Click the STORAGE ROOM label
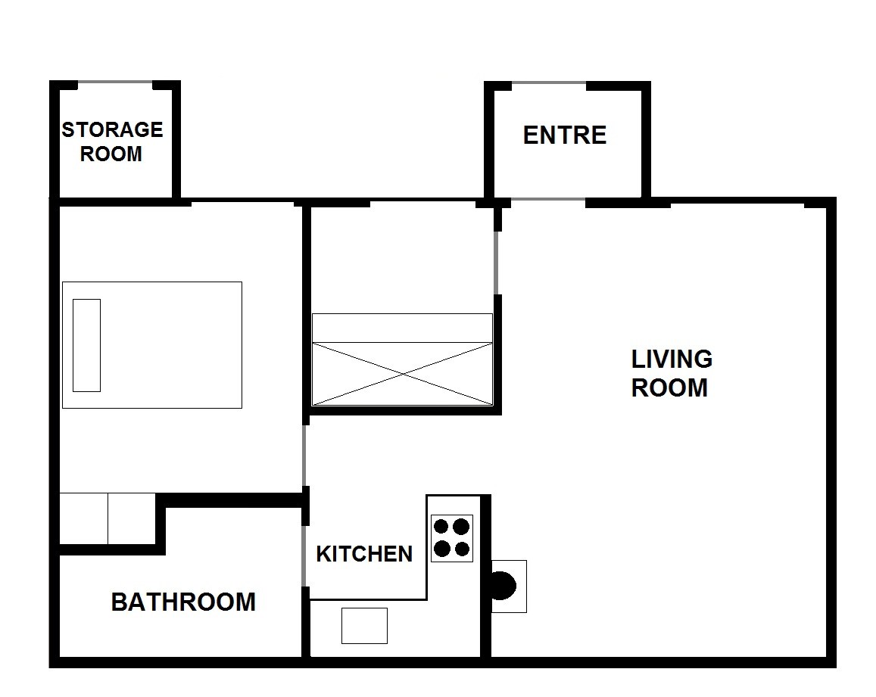[x=112, y=142]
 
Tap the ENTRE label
[x=564, y=135]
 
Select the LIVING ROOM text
[x=671, y=373]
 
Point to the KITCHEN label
[x=364, y=554]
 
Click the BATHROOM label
[x=183, y=602]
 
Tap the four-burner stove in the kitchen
[x=452, y=538]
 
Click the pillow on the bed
[x=86, y=345]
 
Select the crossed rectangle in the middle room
[x=402, y=374]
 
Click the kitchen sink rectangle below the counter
[x=364, y=626]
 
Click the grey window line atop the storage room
[x=115, y=83]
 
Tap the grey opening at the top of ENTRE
[x=549, y=84]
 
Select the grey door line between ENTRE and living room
[x=548, y=199]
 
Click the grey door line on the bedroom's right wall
[x=304, y=455]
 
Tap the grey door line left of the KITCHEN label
[x=304, y=555]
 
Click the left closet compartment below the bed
[x=83, y=518]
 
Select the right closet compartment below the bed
[x=131, y=518]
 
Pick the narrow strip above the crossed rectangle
[x=402, y=328]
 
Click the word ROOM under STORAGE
[x=111, y=154]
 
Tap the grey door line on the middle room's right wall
[x=496, y=263]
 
